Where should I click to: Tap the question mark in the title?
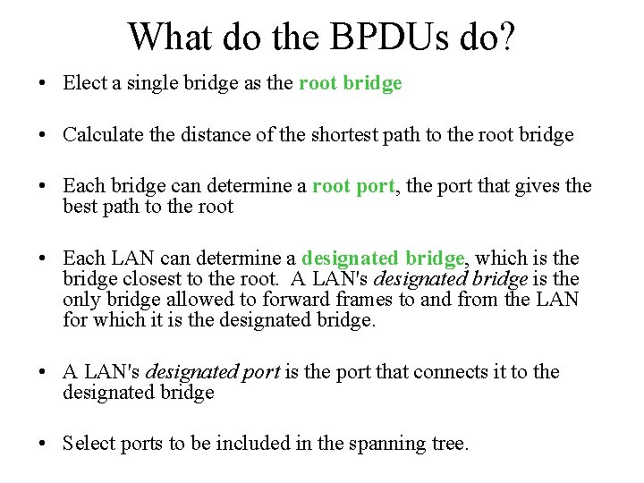coord(506,37)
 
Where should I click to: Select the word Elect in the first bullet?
coord(84,83)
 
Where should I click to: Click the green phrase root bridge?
coord(350,83)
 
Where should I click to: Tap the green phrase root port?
coord(352,186)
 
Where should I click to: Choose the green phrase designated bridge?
coord(383,258)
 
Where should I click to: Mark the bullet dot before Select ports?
coord(43,445)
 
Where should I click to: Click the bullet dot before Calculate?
coord(43,136)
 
